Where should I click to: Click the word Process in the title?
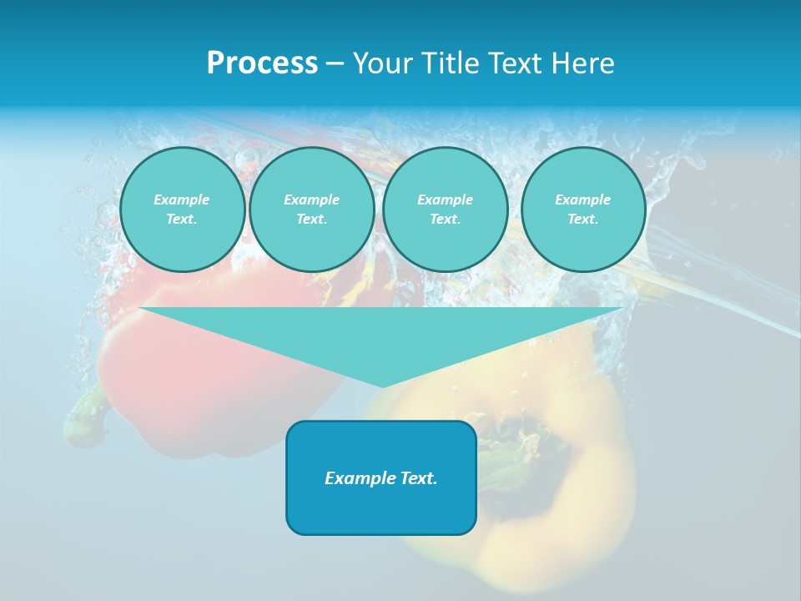click(262, 63)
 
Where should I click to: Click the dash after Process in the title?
click(335, 64)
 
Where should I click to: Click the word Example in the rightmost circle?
click(582, 199)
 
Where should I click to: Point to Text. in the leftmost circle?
click(182, 220)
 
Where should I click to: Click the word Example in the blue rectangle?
click(356, 478)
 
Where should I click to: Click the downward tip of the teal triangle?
click(381, 385)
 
